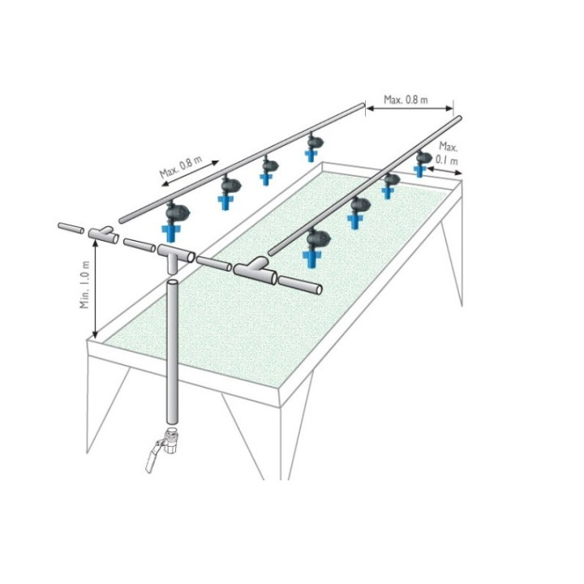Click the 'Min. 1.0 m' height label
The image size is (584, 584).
pyautogui.click(x=85, y=285)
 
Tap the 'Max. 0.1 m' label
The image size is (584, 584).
pyautogui.click(x=447, y=153)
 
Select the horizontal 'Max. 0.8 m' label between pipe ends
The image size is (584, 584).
pyautogui.click(x=406, y=100)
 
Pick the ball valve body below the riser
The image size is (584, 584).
pyautogui.click(x=171, y=442)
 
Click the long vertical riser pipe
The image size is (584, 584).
pyautogui.click(x=172, y=352)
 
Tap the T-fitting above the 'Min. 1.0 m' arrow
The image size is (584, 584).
pyautogui.click(x=103, y=234)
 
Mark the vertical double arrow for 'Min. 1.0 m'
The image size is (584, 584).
pyautogui.click(x=96, y=289)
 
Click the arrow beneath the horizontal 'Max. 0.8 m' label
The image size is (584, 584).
pyautogui.click(x=410, y=109)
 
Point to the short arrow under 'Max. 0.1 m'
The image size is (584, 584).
pyautogui.click(x=444, y=171)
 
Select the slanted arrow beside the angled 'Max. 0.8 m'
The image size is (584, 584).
pyautogui.click(x=190, y=174)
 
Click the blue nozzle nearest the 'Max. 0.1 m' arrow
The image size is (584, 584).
pyautogui.click(x=420, y=170)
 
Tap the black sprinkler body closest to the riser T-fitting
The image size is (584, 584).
pyautogui.click(x=178, y=212)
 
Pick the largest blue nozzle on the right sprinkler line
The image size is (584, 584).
pyautogui.click(x=311, y=258)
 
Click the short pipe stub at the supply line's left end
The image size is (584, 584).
pyautogui.click(x=71, y=228)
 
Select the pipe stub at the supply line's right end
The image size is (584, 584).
pyautogui.click(x=300, y=285)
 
